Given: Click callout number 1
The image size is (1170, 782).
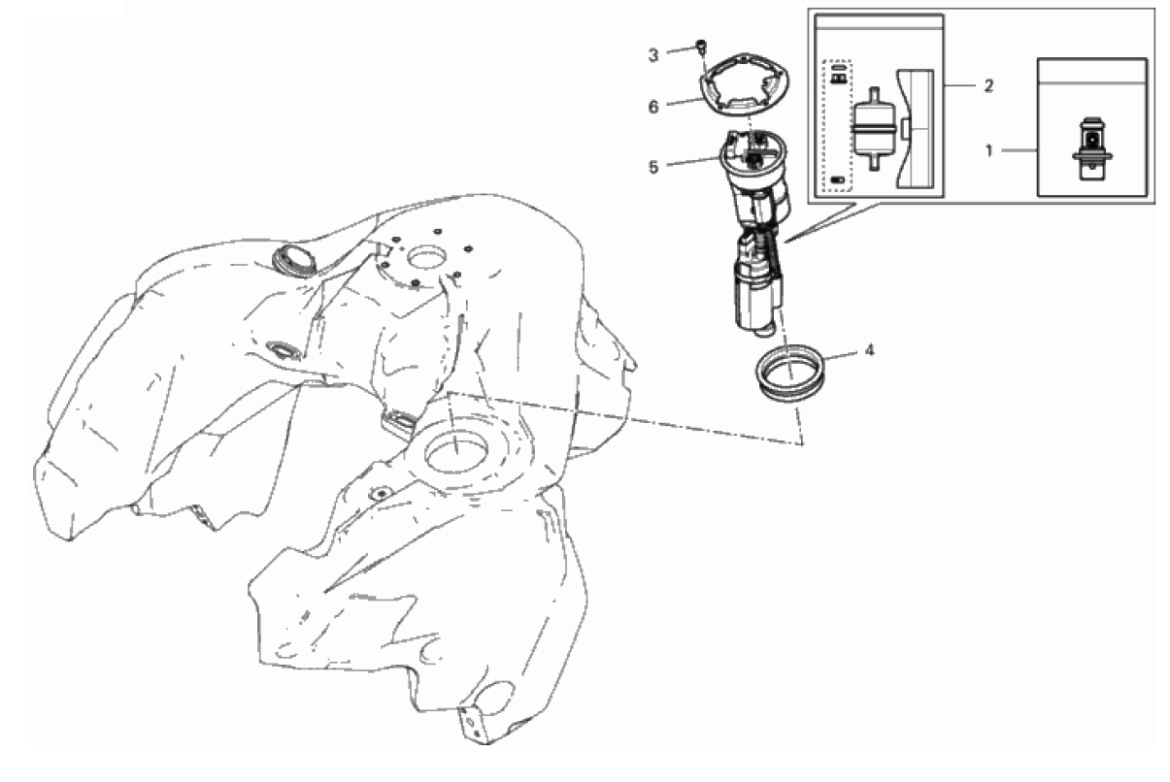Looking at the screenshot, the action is pos(988,150).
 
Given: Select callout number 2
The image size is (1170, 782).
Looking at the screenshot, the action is pos(988,85).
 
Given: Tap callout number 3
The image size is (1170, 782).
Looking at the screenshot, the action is pos(653,55).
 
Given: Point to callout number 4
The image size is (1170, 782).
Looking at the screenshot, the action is pos(869,350).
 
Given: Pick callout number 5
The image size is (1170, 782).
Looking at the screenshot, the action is pos(653,168).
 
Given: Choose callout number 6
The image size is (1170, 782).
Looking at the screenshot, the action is pos(653,107).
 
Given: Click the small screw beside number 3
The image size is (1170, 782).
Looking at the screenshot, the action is pos(701,46).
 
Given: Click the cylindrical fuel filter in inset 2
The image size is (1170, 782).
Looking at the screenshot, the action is pos(873,128).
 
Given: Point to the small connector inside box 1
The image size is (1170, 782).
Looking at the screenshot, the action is pos(1091,149).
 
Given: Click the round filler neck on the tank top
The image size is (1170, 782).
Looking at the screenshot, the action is pos(294,260).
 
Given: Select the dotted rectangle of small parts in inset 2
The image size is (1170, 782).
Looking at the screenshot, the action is pos(837,125).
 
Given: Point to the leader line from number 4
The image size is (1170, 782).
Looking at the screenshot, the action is pos(841,355).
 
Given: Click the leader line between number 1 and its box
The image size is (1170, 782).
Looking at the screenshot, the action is pos(1020,150).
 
